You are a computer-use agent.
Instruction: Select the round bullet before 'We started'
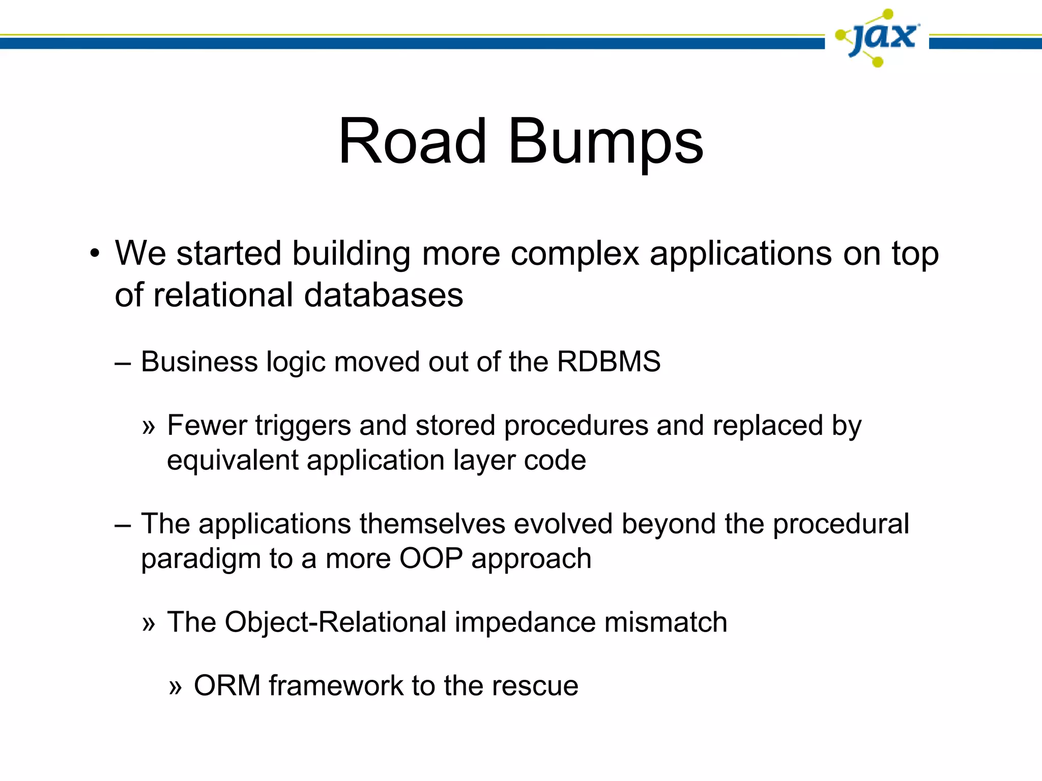[x=94, y=254]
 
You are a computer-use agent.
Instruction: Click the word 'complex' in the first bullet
[x=574, y=254]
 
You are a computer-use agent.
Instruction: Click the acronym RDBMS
[x=609, y=362]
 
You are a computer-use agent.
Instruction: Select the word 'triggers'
[x=303, y=426]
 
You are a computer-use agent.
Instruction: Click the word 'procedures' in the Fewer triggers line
[x=576, y=426]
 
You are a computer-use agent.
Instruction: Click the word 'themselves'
[x=432, y=524]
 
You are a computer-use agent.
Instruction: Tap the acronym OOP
[x=431, y=559]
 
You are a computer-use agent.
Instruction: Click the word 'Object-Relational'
[x=335, y=622]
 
